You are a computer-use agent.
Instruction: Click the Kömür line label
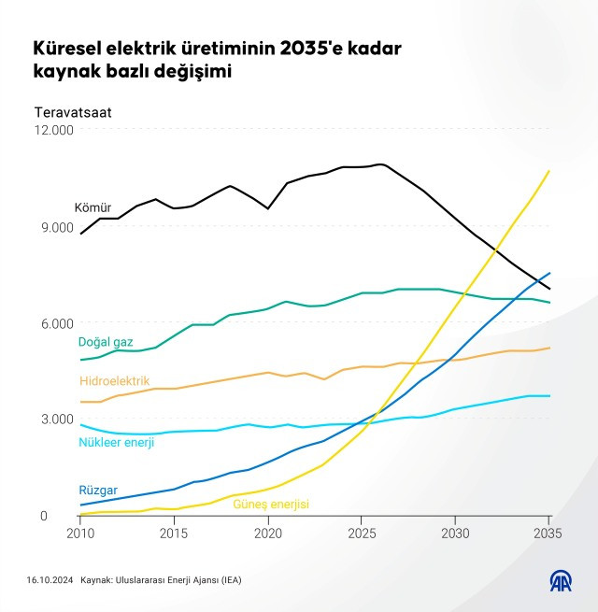pyautogui.click(x=93, y=206)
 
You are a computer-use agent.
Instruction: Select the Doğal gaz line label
pyautogui.click(x=106, y=342)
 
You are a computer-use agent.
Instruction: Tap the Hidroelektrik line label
pyautogui.click(x=115, y=381)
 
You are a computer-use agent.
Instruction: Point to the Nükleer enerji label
pyautogui.click(x=117, y=442)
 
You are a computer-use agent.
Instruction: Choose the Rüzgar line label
pyautogui.click(x=98, y=491)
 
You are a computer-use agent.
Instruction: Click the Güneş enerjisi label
pyautogui.click(x=271, y=505)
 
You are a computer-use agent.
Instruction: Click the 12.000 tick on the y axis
pyautogui.click(x=55, y=130)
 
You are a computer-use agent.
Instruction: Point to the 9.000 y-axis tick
pyautogui.click(x=59, y=227)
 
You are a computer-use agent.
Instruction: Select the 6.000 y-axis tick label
pyautogui.click(x=59, y=323)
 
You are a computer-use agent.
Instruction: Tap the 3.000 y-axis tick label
pyautogui.click(x=59, y=420)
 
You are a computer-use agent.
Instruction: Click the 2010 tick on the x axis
pyautogui.click(x=80, y=534)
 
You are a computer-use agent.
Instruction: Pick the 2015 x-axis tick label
pyautogui.click(x=174, y=534)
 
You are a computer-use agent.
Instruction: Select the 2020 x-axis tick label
pyautogui.click(x=268, y=534)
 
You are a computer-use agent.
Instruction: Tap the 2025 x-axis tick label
pyautogui.click(x=362, y=534)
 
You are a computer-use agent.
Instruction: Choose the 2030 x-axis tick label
pyautogui.click(x=455, y=534)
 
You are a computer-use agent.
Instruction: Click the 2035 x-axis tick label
pyautogui.click(x=548, y=534)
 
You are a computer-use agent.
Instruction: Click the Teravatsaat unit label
pyautogui.click(x=73, y=112)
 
